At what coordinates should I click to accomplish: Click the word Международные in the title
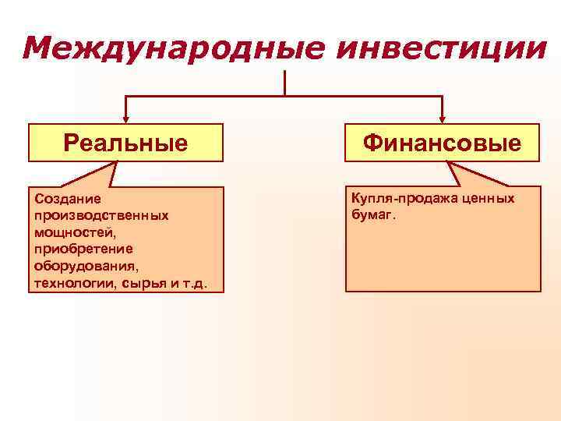tap(164, 48)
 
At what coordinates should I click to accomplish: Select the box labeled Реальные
tap(125, 143)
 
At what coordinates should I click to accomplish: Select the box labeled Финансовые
tap(442, 143)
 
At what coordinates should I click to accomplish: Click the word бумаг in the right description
tap(372, 214)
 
